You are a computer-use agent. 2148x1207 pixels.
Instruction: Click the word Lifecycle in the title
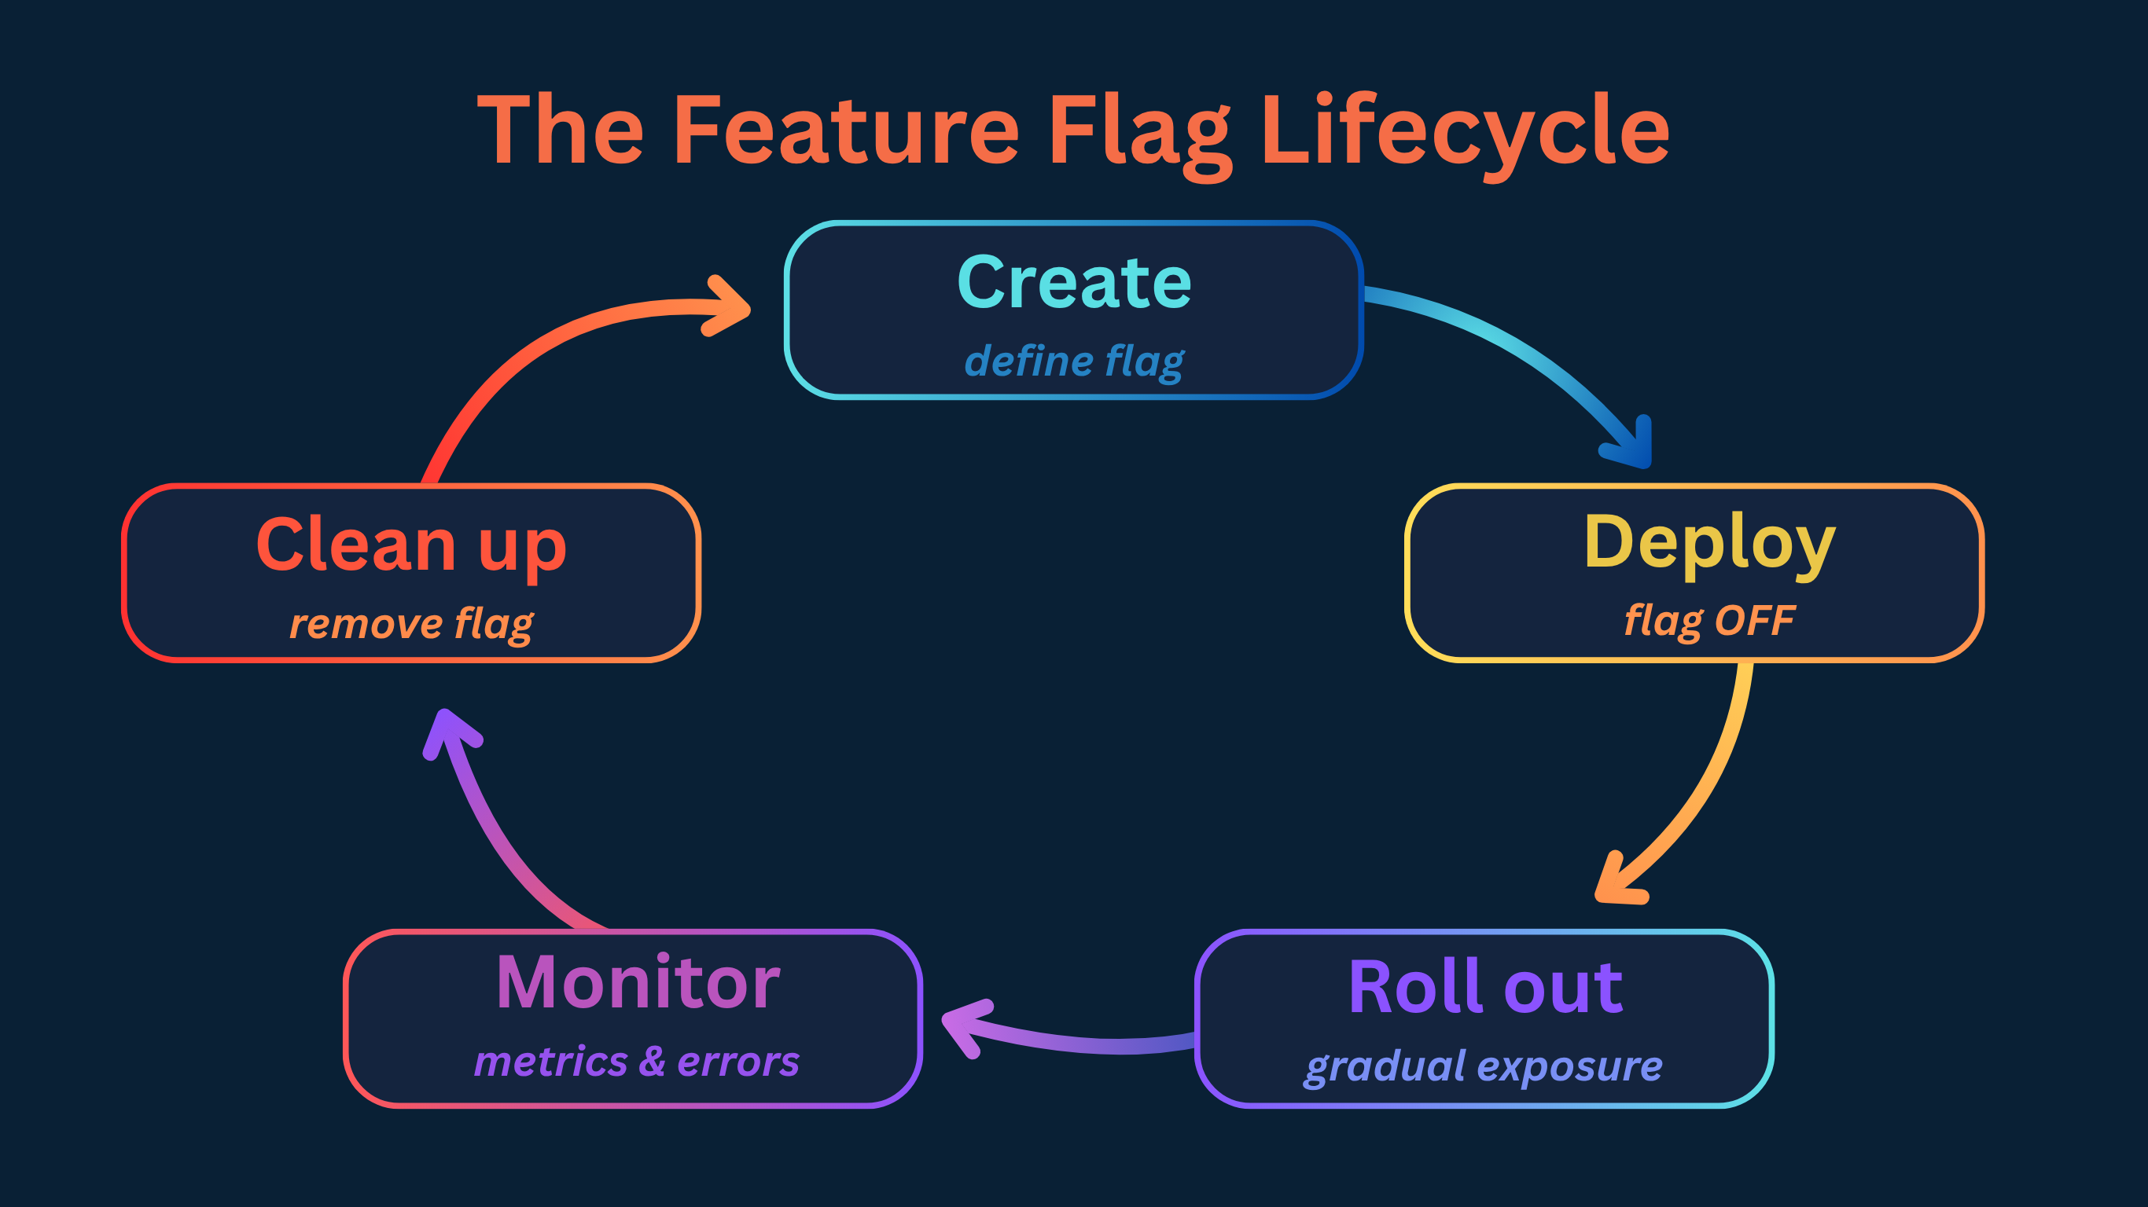pos(1464,131)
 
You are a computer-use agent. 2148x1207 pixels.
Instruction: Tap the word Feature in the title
pos(845,131)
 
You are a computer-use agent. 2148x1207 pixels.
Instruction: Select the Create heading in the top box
pos(1074,283)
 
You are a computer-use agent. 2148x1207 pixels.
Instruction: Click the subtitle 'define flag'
pos(1074,361)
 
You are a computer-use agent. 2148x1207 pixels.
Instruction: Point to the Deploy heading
pos(1709,543)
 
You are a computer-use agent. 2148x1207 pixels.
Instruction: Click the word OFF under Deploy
pos(1754,620)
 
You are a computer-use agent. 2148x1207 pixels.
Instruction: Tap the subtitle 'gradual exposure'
pos(1484,1066)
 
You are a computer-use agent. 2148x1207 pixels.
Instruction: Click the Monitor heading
pos(638,983)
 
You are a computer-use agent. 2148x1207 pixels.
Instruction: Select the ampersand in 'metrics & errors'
pos(652,1061)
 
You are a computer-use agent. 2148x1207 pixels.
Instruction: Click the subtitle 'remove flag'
pos(411,623)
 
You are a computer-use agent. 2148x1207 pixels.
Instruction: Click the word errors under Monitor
pos(738,1062)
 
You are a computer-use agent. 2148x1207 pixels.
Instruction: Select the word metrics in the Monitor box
pos(551,1062)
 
